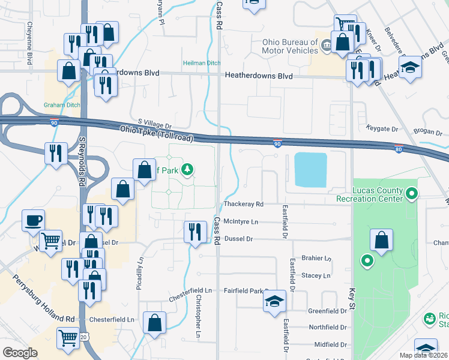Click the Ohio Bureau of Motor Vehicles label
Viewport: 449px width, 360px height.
290,46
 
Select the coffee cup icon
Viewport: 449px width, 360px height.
33,220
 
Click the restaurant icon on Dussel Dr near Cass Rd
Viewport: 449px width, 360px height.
194,232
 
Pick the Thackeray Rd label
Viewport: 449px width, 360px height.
243,204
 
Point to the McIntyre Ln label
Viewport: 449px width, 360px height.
240,221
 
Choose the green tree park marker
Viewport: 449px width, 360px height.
188,170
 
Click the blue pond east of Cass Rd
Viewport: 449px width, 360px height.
310,169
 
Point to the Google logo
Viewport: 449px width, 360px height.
20,353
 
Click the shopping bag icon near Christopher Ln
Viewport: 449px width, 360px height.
155,322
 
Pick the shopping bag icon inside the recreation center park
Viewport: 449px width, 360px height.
381,241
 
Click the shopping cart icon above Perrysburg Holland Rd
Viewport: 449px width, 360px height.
51,241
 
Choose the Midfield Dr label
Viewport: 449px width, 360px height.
332,345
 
